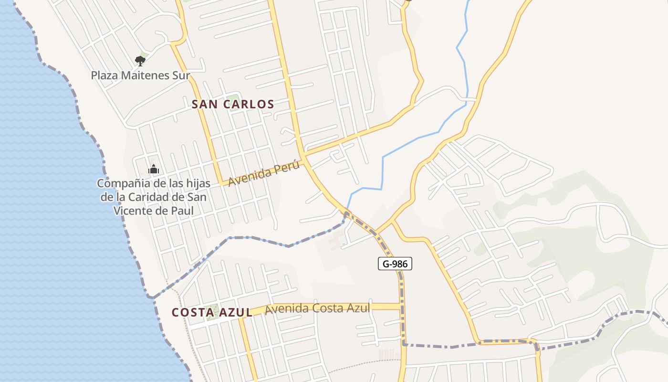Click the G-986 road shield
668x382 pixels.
coord(395,263)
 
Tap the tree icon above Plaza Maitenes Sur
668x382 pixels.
coord(140,61)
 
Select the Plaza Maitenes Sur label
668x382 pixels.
coord(140,75)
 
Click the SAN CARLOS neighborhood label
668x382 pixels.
coord(233,104)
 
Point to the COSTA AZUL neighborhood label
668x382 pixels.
coord(212,312)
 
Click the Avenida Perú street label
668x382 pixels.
coord(264,174)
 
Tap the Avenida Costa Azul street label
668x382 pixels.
coord(317,308)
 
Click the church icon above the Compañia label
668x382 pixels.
coord(154,169)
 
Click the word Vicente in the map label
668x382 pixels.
coord(134,210)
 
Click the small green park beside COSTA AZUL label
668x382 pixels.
coord(213,311)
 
